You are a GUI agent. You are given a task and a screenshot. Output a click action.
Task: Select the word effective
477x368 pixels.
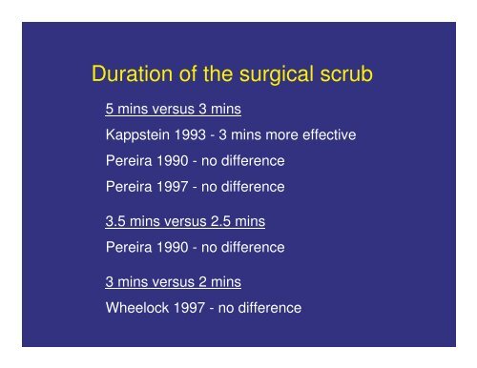pos(327,135)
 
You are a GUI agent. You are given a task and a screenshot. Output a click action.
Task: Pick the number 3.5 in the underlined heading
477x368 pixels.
pos(115,222)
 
